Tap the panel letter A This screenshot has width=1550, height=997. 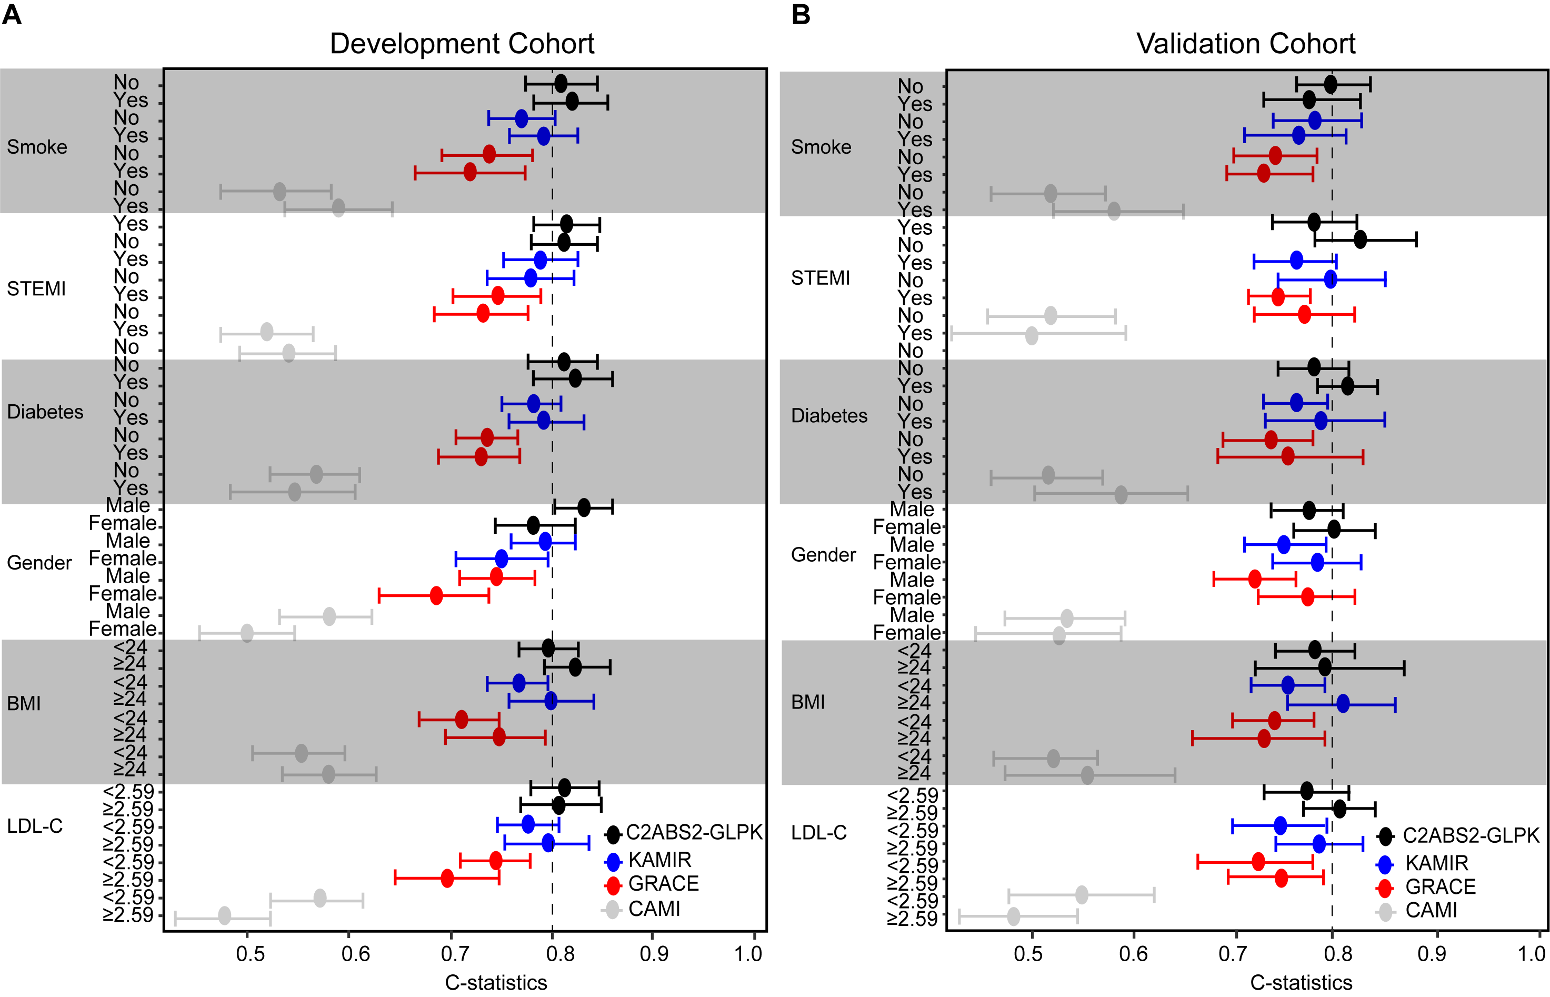point(12,14)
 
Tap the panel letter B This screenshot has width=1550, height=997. point(801,14)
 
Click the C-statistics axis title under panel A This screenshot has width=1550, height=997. point(496,983)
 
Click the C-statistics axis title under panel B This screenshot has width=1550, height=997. point(1301,983)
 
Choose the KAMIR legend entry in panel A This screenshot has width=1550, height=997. point(659,860)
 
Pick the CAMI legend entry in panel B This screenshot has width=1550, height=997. point(1431,910)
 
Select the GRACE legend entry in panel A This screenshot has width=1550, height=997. point(663,884)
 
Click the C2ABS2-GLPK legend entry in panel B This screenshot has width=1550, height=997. point(1471,836)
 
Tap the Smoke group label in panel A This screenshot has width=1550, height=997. point(37,147)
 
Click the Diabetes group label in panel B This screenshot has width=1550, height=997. point(829,416)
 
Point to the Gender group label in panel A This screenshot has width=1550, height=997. point(39,563)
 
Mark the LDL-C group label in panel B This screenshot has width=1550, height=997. point(819,833)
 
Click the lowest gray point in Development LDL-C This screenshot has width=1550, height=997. point(225,916)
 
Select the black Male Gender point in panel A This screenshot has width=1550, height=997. point(584,507)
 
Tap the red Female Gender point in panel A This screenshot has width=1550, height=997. point(436,595)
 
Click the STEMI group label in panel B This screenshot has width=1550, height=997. point(820,278)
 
